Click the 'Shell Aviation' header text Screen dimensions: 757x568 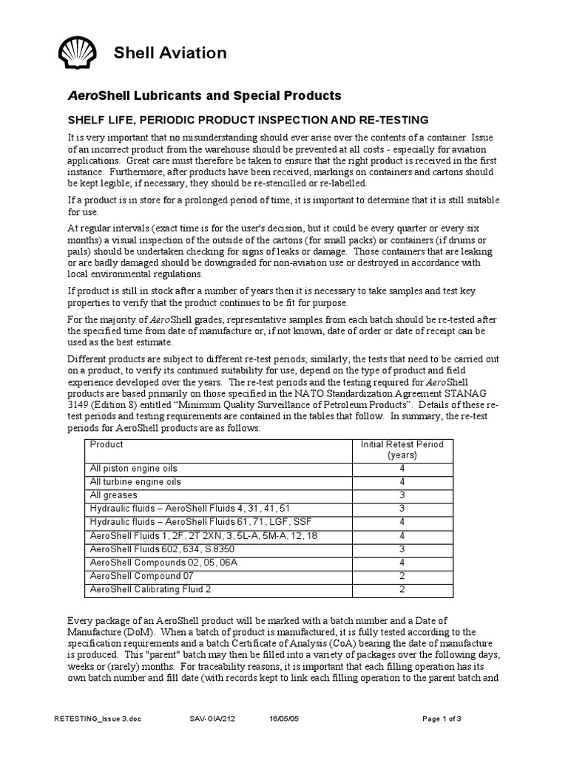pyautogui.click(x=169, y=52)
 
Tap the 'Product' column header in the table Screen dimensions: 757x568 pyautogui.click(x=106, y=444)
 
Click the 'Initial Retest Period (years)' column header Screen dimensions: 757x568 pyautogui.click(x=402, y=449)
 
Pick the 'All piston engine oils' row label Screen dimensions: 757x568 pyautogui.click(x=134, y=469)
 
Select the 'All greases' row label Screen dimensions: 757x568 pyautogui.click(x=112, y=495)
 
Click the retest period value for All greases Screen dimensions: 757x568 pyautogui.click(x=402, y=495)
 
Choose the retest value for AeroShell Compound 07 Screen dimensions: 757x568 pyautogui.click(x=402, y=575)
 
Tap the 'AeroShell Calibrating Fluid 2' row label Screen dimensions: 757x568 pyautogui.click(x=150, y=588)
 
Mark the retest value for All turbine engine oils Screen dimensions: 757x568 pyautogui.click(x=402, y=482)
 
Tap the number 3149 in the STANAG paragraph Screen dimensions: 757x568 pyautogui.click(x=79, y=405)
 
